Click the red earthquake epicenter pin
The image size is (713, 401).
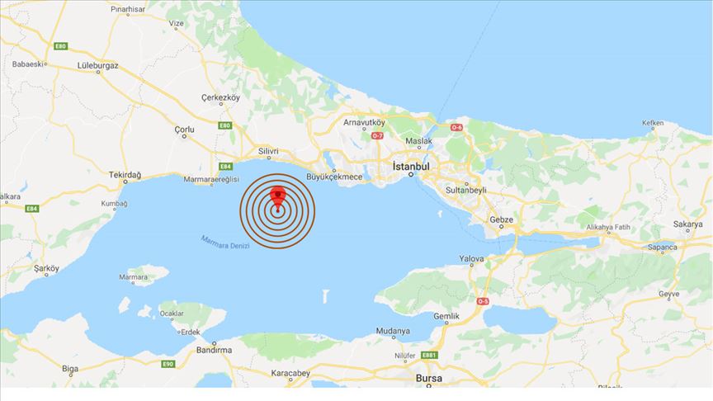pos(278,197)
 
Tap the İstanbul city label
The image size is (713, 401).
pos(412,166)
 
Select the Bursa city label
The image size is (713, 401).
pos(429,378)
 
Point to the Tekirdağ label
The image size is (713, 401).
pos(125,176)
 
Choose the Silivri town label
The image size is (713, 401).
pos(268,152)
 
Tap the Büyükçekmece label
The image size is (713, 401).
pos(335,177)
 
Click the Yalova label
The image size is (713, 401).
pos(471,259)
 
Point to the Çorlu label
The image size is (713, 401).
pos(185,130)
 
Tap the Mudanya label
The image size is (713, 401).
pos(393,331)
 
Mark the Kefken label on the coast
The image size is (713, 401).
pos(652,124)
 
